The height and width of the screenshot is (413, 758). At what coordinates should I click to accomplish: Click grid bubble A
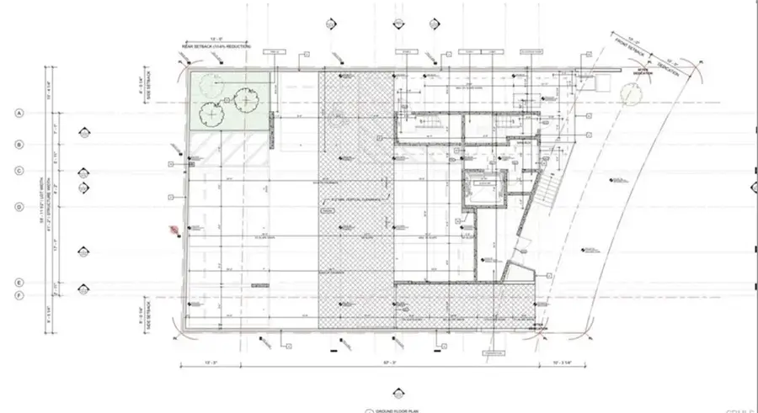(18, 113)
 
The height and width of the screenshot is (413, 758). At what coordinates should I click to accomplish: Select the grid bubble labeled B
(18, 145)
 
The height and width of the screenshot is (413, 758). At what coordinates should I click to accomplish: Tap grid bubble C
(18, 171)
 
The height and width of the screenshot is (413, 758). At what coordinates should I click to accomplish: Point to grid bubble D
(18, 206)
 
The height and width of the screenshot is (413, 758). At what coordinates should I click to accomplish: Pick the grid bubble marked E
(18, 283)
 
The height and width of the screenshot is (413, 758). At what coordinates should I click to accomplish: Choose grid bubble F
(18, 295)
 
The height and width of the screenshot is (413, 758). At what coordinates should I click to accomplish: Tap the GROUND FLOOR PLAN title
(396, 410)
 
